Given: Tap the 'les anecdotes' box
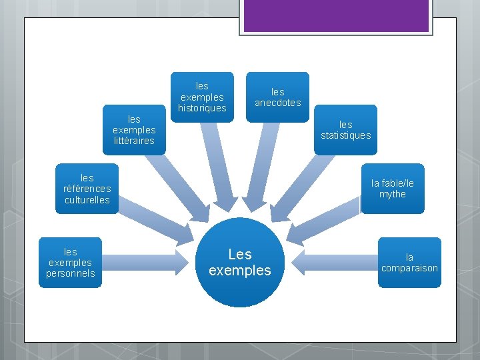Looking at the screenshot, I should pyautogui.click(x=277, y=97).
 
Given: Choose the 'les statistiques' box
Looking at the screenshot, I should pyautogui.click(x=345, y=129).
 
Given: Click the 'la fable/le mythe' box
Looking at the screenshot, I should pyautogui.click(x=392, y=188).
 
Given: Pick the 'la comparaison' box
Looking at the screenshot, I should pyautogui.click(x=409, y=262).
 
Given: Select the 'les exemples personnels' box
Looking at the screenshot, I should pyautogui.click(x=70, y=262).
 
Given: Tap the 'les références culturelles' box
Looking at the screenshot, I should pyautogui.click(x=87, y=188).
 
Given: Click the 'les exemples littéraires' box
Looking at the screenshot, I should pyautogui.click(x=133, y=129).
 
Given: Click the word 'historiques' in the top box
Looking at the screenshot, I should pyautogui.click(x=202, y=108).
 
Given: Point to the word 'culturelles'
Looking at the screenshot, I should pyautogui.click(x=87, y=200).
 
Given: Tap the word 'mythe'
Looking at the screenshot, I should pyautogui.click(x=392, y=194).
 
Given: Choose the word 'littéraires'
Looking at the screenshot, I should pyautogui.click(x=133, y=141).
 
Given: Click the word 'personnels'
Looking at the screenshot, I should pyautogui.click(x=70, y=273).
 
